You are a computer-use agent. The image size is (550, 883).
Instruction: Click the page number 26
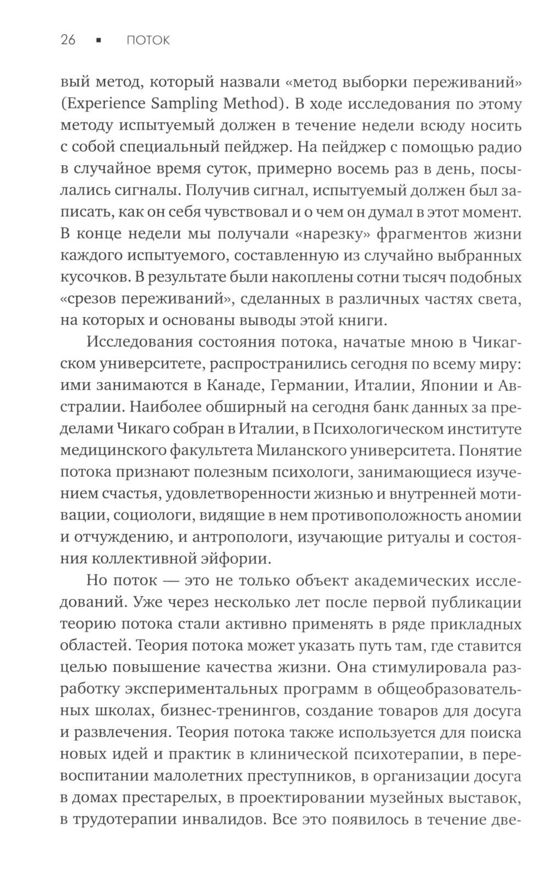pyautogui.click(x=68, y=40)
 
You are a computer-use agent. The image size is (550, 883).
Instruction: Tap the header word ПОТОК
pyautogui.click(x=148, y=40)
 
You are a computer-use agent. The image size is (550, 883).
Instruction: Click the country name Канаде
pyautogui.click(x=232, y=385)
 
